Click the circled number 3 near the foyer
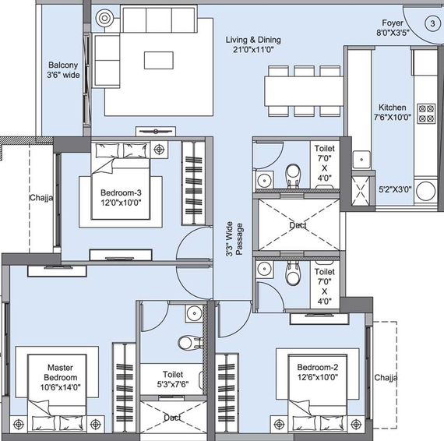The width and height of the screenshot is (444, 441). (x=432, y=23)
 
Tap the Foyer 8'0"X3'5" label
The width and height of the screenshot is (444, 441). (x=393, y=27)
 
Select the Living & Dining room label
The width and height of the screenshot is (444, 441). (x=253, y=44)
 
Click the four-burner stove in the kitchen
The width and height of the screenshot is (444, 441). (x=426, y=113)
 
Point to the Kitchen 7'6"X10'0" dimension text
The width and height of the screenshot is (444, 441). (x=392, y=112)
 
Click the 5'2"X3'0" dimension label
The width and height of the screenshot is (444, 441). (x=395, y=189)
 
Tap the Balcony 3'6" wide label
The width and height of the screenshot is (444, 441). (x=63, y=70)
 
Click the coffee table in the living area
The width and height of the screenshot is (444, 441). (x=159, y=60)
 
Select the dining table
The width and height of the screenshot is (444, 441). (x=304, y=91)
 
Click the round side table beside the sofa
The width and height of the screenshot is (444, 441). (x=104, y=19)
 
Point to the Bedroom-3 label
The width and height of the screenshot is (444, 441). (x=121, y=198)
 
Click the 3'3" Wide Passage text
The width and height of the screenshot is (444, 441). (x=234, y=238)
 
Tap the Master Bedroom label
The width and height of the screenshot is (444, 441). (x=60, y=377)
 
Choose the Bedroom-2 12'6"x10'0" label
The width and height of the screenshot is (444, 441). (x=318, y=372)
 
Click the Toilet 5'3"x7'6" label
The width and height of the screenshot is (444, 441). (x=173, y=379)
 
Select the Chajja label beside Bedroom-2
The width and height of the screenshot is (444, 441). (x=386, y=378)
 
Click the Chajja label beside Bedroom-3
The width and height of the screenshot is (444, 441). (x=41, y=197)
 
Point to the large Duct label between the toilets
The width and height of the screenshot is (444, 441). (x=298, y=225)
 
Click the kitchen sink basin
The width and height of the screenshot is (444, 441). (x=361, y=160)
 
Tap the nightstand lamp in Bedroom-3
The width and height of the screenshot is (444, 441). (x=159, y=149)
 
